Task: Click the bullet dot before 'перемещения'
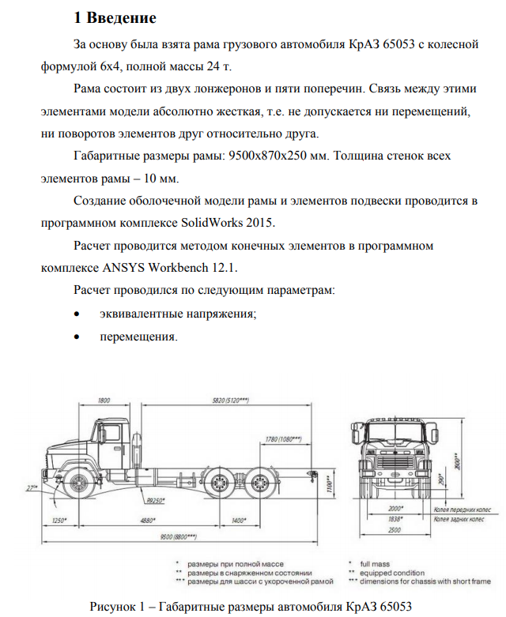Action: [76, 337]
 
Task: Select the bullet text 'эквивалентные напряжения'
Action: [178, 314]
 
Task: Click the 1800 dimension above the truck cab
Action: [103, 401]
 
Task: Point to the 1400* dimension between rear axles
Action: [238, 521]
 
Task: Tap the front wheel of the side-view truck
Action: [80, 483]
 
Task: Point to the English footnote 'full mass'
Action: [375, 563]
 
